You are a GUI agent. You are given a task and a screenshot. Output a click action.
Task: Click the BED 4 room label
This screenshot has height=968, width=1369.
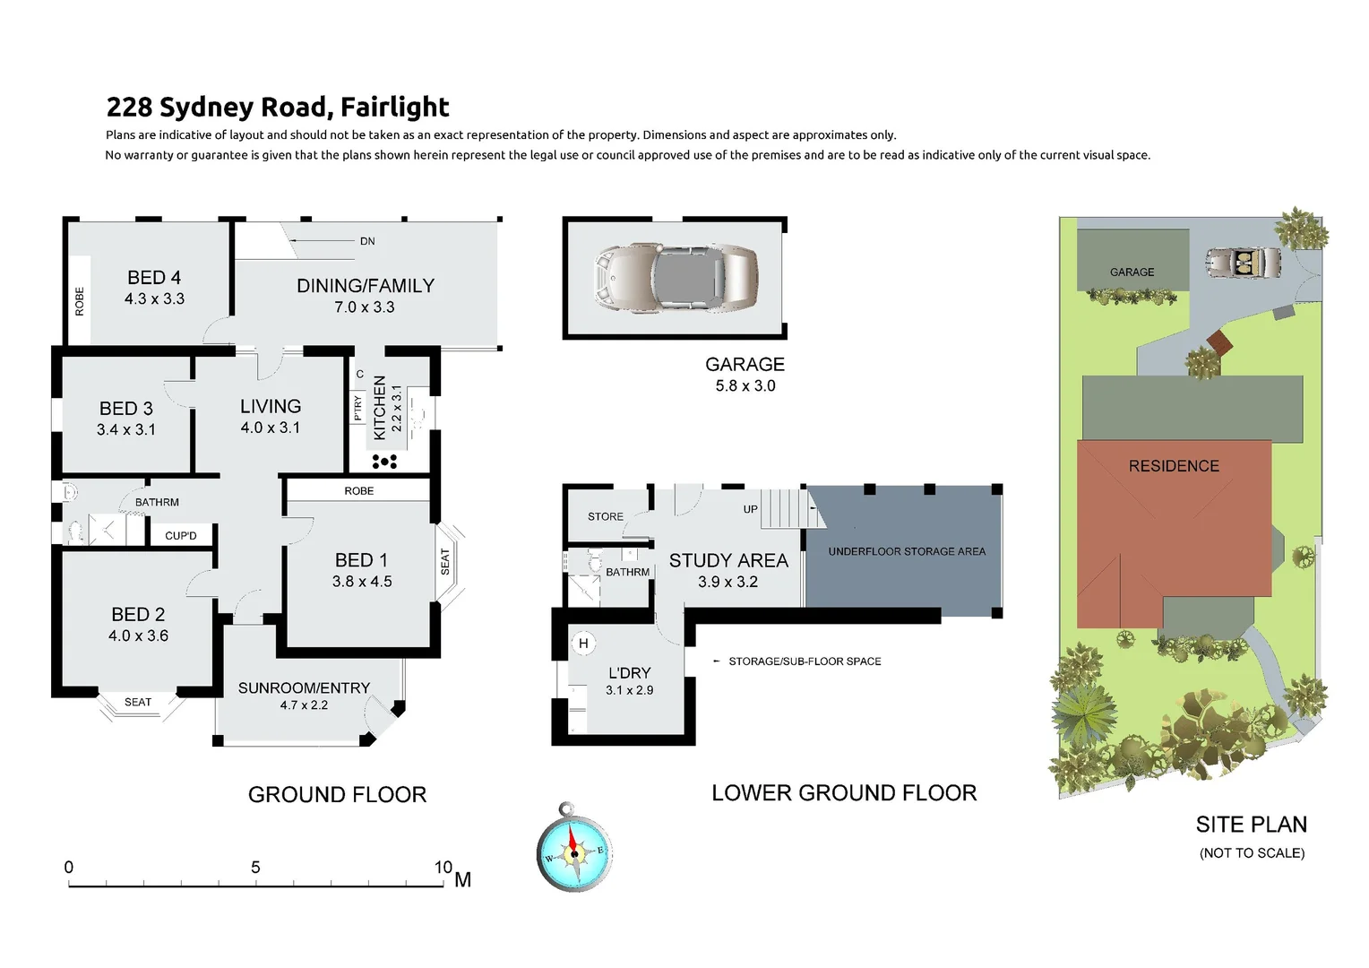(x=154, y=278)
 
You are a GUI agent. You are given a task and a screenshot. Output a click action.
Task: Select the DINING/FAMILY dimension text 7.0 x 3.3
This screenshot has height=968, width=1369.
(x=364, y=307)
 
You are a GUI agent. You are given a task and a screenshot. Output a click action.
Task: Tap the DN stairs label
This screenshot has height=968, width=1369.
(x=367, y=241)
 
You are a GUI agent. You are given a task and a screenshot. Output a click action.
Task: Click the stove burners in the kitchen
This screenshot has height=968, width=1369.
(x=384, y=462)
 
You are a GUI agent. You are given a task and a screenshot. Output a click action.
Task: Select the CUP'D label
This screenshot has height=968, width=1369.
(x=180, y=536)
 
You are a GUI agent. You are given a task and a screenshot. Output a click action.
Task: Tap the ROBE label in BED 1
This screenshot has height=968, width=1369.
(x=358, y=491)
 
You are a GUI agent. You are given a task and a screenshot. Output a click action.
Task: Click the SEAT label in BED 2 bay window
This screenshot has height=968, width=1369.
(x=138, y=703)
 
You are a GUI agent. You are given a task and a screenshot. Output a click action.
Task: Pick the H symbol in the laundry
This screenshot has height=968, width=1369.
(x=583, y=644)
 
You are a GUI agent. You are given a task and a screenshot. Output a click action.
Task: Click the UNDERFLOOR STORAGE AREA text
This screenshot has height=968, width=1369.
(x=906, y=552)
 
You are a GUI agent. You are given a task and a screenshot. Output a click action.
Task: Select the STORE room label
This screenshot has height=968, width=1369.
(x=606, y=517)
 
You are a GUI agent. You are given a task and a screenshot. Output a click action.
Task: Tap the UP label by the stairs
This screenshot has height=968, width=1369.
(x=750, y=509)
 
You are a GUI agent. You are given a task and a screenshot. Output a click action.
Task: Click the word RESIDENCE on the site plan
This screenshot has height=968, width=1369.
(x=1174, y=466)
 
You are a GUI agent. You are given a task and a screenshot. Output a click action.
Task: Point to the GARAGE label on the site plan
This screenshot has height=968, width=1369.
(x=1132, y=272)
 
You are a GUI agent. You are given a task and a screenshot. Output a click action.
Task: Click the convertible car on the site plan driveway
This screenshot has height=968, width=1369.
(x=1243, y=263)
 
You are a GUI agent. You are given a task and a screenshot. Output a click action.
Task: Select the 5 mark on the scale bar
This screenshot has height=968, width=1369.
(x=255, y=868)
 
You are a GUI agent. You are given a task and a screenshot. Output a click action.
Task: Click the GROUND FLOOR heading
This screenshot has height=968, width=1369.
(x=337, y=795)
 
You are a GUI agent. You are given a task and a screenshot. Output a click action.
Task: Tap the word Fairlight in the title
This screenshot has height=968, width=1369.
(x=394, y=108)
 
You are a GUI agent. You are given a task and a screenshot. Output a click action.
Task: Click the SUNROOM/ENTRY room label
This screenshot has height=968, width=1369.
(x=304, y=688)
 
